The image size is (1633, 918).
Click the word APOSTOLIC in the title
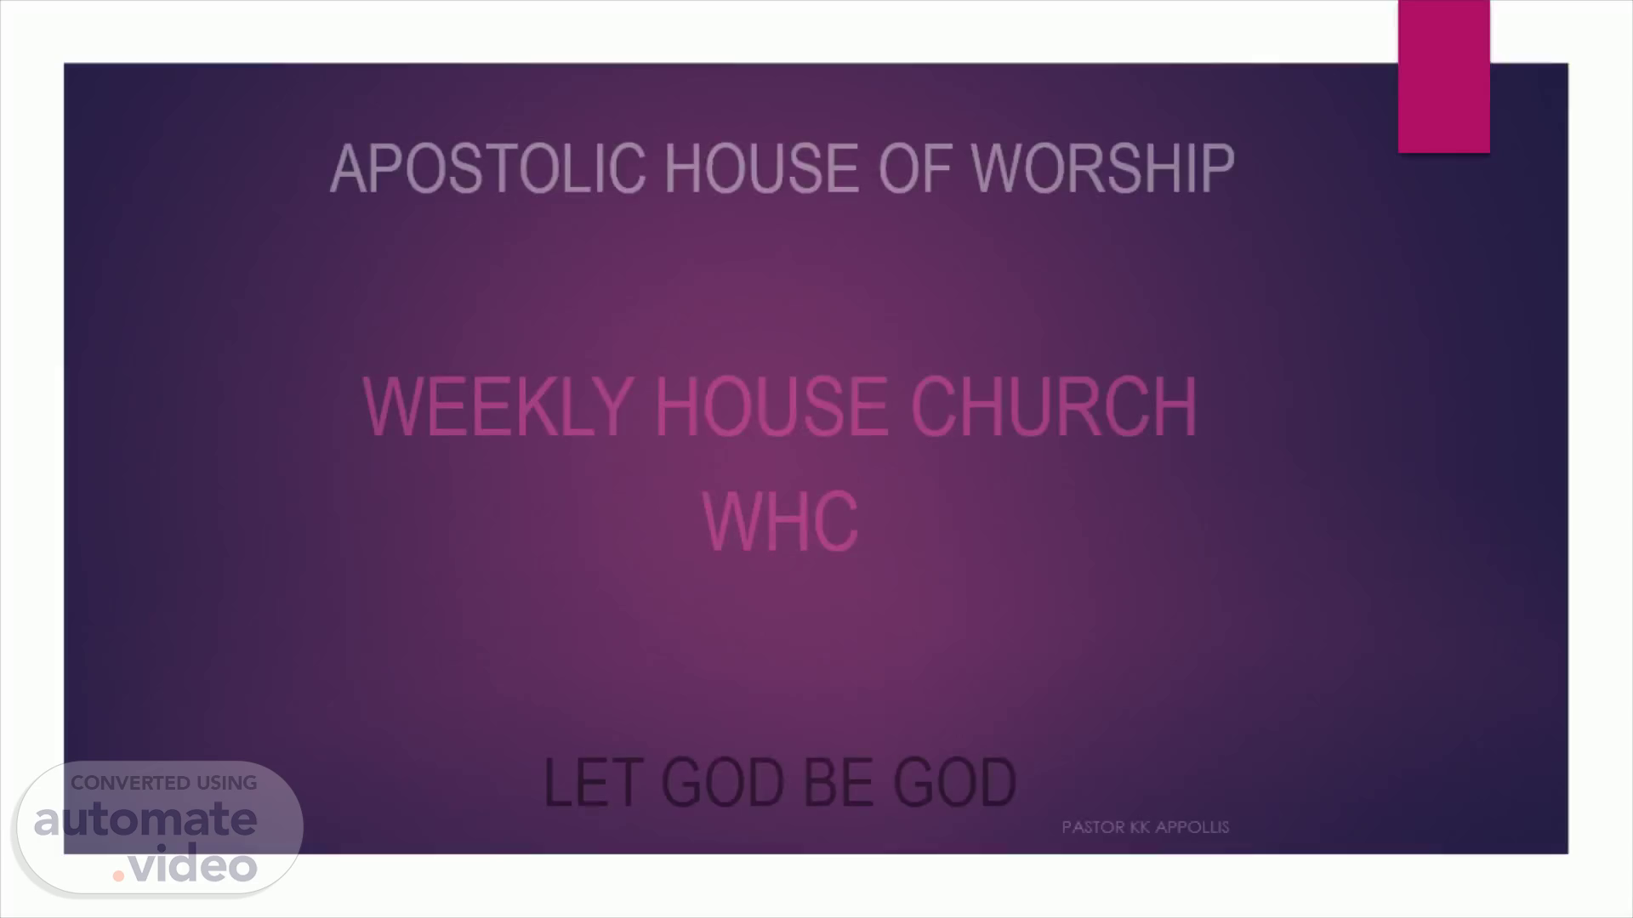point(487,168)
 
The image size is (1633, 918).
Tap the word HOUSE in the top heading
point(762,168)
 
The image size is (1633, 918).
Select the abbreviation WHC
point(780,521)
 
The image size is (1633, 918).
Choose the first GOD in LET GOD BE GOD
point(722,783)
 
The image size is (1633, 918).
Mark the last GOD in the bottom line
point(955,783)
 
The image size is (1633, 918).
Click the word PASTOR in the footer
point(1094,827)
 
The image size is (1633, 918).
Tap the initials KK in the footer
point(1141,827)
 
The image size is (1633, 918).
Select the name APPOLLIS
point(1192,827)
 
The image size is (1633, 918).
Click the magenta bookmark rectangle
point(1443,76)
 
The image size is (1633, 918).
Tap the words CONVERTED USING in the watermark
point(163,783)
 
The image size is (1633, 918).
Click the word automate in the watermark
point(145,820)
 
